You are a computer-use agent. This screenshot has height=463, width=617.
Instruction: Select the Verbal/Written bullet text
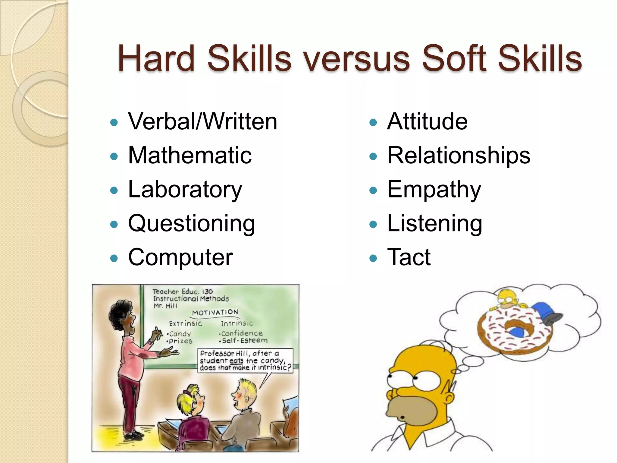(x=202, y=121)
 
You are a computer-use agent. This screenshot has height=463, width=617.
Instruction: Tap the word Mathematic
(x=190, y=156)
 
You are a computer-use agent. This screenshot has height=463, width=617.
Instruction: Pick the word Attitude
(x=427, y=121)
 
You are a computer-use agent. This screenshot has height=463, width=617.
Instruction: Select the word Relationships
(x=459, y=156)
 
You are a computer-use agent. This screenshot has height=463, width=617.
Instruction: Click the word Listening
(x=435, y=224)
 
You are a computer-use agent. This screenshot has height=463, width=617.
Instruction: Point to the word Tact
(x=409, y=257)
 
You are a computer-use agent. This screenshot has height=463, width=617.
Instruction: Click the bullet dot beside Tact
(x=373, y=258)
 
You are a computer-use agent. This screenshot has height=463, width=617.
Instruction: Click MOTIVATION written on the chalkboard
(x=215, y=313)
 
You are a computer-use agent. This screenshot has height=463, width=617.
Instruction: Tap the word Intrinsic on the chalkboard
(x=237, y=323)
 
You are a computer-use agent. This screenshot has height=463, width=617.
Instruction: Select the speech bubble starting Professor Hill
(x=245, y=361)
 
